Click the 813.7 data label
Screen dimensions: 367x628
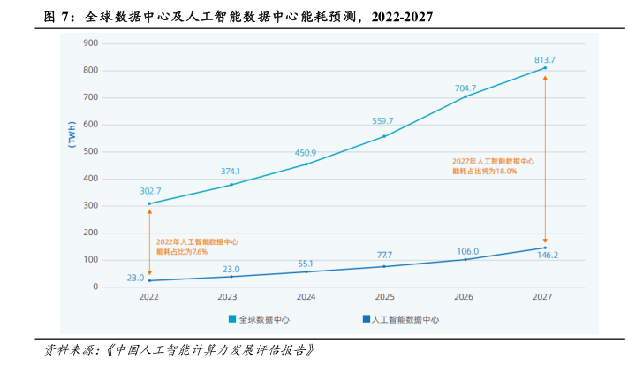point(544,59)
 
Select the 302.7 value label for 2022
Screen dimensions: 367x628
point(149,191)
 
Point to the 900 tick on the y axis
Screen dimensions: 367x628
point(90,42)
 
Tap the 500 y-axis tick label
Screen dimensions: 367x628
point(90,151)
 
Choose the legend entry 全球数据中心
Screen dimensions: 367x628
point(263,319)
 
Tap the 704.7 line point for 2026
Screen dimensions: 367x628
point(465,96)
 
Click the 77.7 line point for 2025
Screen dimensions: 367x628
point(385,266)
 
